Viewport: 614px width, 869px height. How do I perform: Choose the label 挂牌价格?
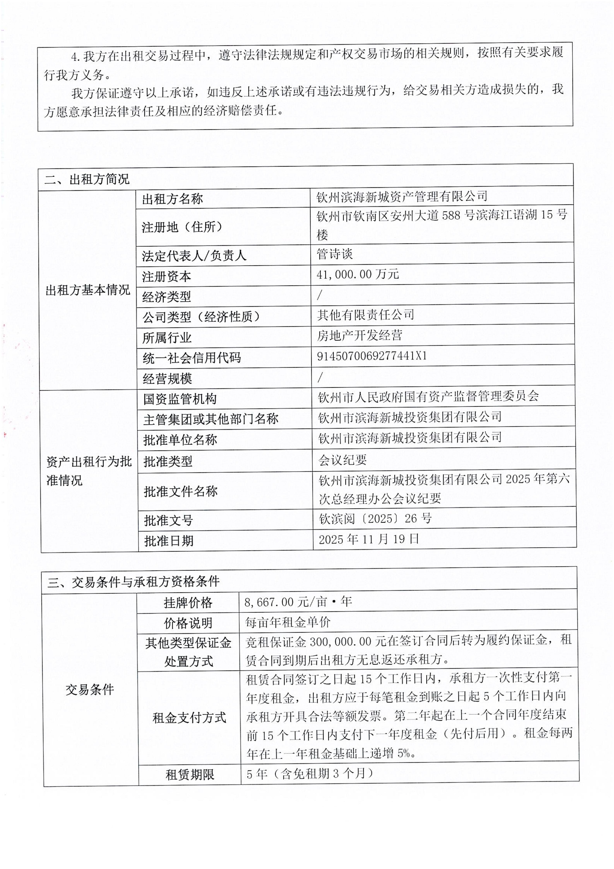pos(188,603)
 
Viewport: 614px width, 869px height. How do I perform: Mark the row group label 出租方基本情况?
pos(88,290)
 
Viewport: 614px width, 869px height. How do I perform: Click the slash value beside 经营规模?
pos(320,377)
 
